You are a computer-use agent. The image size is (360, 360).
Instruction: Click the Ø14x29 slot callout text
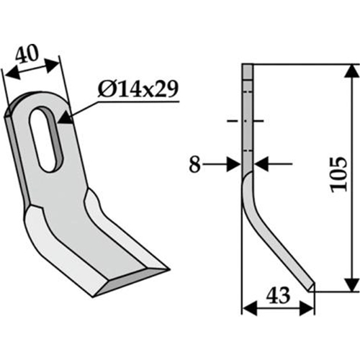click(138, 89)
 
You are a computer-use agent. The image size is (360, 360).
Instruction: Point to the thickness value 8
click(194, 165)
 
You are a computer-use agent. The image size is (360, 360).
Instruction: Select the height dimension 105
click(338, 174)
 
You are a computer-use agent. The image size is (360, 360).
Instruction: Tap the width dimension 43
click(278, 296)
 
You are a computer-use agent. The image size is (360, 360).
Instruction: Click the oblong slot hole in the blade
click(46, 139)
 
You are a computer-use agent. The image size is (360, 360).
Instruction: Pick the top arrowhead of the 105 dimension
click(352, 71)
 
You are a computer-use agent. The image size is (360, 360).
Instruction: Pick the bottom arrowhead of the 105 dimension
click(352, 284)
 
